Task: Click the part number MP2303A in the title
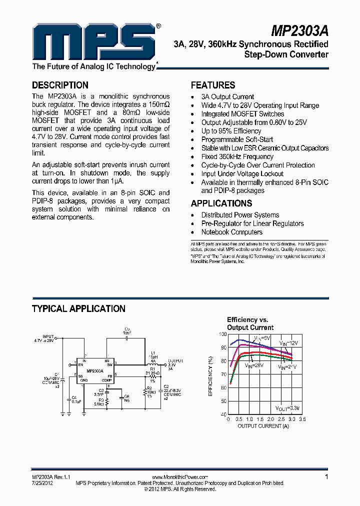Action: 300,31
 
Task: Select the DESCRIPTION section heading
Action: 60,85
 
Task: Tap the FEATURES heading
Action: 213,85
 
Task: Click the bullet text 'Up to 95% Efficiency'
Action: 231,131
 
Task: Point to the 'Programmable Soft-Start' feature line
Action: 237,139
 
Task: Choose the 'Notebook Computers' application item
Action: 231,232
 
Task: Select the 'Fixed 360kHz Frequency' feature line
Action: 237,156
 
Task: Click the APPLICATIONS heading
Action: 221,203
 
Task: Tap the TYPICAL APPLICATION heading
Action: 78,308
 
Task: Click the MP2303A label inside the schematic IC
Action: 94,371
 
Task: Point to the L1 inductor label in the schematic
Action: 153,353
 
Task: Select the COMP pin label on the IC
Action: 106,380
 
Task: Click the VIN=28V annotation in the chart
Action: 254,365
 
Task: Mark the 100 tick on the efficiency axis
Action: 223,334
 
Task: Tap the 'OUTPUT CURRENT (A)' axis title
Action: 263,426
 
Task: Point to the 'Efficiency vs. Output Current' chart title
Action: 250,323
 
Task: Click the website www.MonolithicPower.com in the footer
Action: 179,477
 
